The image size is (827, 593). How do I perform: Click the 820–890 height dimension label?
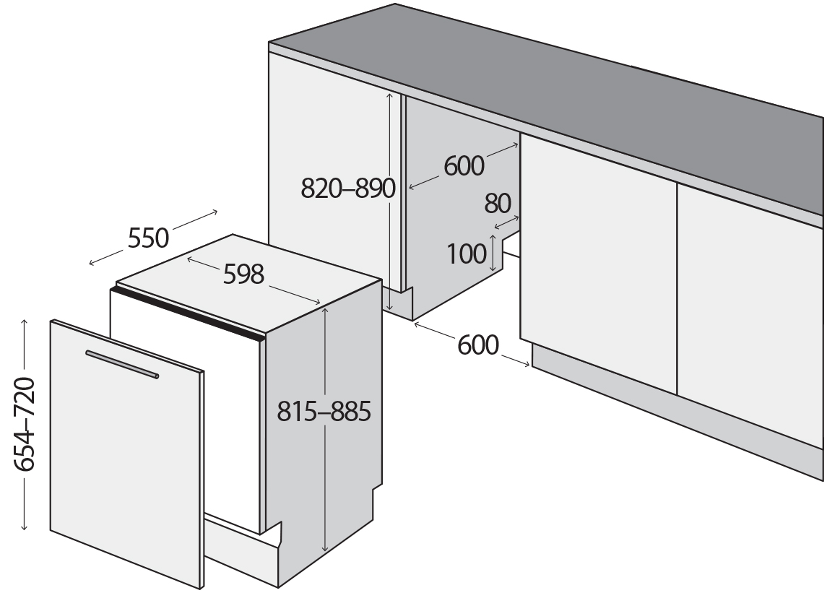tap(347, 189)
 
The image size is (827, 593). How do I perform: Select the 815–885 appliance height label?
tap(324, 411)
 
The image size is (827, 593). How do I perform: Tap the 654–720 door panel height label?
tap(25, 424)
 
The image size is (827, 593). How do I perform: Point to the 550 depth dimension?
tap(148, 238)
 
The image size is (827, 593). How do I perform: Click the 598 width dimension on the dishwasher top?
tap(243, 274)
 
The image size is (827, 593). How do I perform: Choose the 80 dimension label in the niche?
tap(498, 204)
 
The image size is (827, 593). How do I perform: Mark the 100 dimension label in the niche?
tap(467, 254)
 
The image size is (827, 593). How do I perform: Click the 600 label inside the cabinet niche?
tap(464, 165)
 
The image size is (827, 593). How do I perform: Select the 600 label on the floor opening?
tap(478, 345)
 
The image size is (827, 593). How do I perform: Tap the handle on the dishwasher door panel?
tap(122, 364)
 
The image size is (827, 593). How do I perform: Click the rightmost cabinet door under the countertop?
tap(750, 316)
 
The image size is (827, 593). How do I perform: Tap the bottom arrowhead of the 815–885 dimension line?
tap(325, 547)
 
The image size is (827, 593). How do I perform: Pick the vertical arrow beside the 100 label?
tap(493, 254)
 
